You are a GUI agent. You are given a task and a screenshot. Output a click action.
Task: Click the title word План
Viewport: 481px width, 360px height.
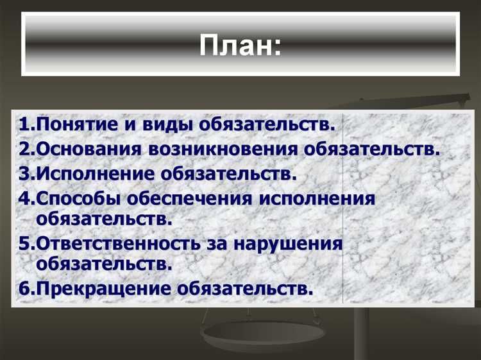click(239, 47)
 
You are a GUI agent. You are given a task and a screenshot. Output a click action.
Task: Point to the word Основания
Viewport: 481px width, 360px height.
click(87, 150)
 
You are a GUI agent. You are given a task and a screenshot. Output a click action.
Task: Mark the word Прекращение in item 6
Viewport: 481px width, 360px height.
click(103, 288)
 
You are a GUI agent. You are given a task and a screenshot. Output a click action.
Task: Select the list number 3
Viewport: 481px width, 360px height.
click(24, 174)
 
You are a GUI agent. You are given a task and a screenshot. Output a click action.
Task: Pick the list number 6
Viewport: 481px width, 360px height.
click(24, 288)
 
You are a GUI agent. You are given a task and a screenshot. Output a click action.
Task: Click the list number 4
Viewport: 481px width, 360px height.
click(24, 198)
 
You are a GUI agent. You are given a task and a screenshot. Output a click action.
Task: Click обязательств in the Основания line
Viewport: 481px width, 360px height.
click(372, 150)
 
